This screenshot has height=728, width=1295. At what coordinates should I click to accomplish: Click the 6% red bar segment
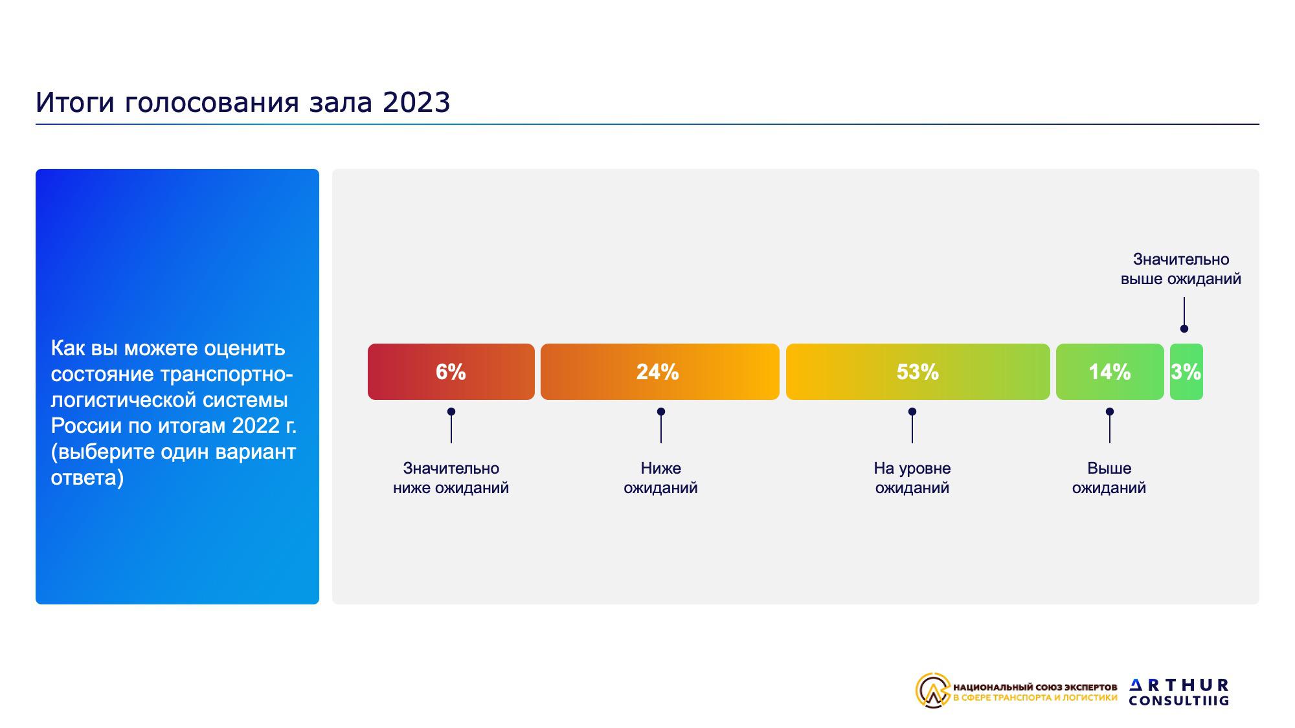[x=451, y=371]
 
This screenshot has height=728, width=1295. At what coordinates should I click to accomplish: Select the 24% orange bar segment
[x=660, y=371]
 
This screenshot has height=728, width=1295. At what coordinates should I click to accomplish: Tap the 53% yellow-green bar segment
[x=918, y=371]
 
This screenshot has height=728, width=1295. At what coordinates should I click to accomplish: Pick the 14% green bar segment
[x=1110, y=371]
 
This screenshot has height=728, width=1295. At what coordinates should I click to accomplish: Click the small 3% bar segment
[x=1186, y=371]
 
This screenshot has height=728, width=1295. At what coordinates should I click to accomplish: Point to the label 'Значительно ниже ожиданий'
[x=451, y=478]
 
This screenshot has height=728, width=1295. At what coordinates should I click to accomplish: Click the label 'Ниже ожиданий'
[x=660, y=478]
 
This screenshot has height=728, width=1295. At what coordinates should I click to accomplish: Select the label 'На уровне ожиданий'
[x=912, y=478]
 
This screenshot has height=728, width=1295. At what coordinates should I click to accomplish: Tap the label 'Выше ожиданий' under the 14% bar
[x=1109, y=478]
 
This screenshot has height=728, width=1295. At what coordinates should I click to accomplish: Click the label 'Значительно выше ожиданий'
[x=1181, y=269]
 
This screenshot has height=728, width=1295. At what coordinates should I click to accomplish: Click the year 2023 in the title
[x=416, y=102]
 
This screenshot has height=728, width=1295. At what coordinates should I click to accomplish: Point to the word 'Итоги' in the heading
[x=75, y=102]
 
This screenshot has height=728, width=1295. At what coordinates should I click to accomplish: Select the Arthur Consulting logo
[x=1179, y=692]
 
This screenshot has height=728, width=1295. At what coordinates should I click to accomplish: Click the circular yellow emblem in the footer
[x=933, y=690]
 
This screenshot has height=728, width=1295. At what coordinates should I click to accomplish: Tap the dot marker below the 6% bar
[x=451, y=412]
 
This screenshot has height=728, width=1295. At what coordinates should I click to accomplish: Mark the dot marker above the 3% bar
[x=1184, y=329]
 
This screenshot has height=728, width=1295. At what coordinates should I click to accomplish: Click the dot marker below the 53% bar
[x=912, y=412]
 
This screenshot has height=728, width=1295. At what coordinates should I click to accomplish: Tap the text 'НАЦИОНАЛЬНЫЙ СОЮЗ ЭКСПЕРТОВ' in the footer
[x=1035, y=687]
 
